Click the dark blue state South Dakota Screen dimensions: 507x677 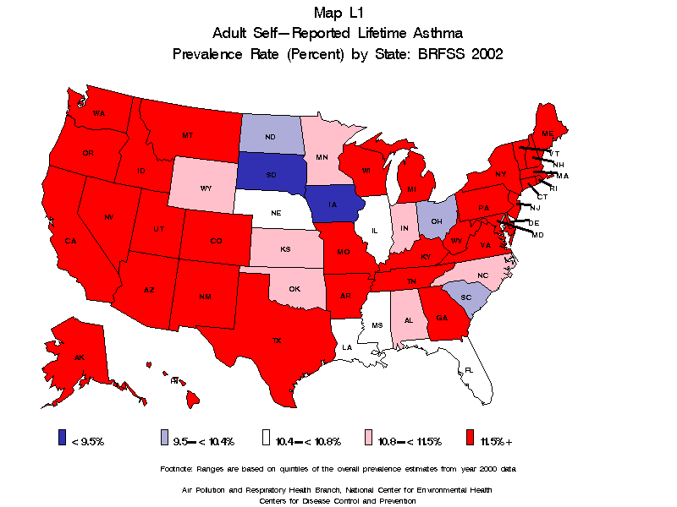pos(270,176)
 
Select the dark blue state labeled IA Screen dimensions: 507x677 pos(333,204)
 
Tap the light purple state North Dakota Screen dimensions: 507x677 pos(270,136)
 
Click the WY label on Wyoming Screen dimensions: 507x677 pos(206,188)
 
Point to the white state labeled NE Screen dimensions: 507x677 pos(275,214)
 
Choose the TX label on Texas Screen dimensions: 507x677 pos(276,340)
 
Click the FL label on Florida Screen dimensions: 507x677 pos(467,370)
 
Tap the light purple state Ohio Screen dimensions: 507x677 pos(436,221)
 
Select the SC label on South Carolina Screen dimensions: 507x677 pos(465,297)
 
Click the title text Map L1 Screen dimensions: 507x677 pos(338,13)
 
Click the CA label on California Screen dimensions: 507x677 pos(71,241)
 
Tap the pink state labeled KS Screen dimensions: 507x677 pos(286,251)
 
